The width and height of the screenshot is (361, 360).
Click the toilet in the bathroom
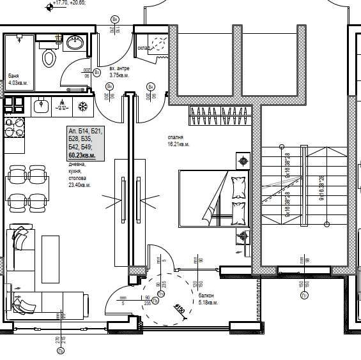pyautogui.click(x=50, y=59)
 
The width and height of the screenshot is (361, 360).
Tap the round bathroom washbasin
pyautogui.click(x=72, y=44)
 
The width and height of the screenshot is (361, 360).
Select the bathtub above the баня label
pyautogui.click(x=19, y=54)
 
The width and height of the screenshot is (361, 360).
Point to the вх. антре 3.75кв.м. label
pyautogui.click(x=119, y=71)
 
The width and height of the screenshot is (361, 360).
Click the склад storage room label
pyautogui.click(x=144, y=47)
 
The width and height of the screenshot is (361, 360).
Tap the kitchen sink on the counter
pyautogui.click(x=42, y=105)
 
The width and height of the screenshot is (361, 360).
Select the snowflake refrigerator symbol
pyautogui.click(x=82, y=105)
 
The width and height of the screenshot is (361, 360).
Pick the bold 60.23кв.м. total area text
pyautogui.click(x=82, y=155)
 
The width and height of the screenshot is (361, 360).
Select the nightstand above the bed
pyautogui.click(x=243, y=161)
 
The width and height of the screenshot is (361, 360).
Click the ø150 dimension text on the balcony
pyautogui.click(x=180, y=311)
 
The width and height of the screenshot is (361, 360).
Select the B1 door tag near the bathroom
pyautogui.click(x=96, y=73)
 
